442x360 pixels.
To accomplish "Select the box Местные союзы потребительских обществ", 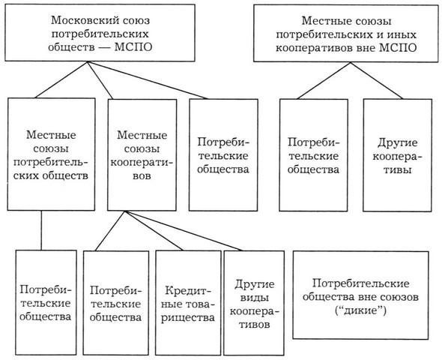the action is [51, 154].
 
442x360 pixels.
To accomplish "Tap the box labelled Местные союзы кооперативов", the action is [142, 155].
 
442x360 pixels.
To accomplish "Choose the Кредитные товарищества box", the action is [188, 303].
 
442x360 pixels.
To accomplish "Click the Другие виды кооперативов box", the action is [254, 303].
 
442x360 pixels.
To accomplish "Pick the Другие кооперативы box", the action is [397, 155].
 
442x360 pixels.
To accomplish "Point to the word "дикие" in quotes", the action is [361, 311].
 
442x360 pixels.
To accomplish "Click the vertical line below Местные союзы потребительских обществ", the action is [41, 230].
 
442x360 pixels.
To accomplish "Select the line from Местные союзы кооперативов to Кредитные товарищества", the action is [154, 231].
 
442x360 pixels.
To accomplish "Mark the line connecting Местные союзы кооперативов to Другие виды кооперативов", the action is [184, 231].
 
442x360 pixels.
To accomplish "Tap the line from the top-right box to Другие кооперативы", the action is [377, 80].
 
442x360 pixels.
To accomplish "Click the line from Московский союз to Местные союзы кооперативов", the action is [100, 80].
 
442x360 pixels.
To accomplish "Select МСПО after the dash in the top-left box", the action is [133, 47].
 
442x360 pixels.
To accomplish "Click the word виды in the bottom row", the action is [254, 298].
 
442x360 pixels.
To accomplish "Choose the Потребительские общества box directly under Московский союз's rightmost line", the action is [223, 155].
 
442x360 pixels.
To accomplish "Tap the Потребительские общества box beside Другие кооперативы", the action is [313, 155].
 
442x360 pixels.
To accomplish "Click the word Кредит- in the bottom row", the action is [188, 290].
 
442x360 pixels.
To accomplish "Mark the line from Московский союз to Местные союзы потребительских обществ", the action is [61, 79].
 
